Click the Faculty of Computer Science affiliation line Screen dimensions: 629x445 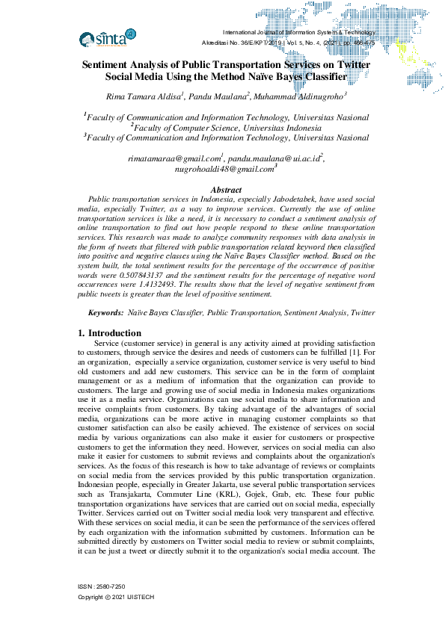pyautogui.click(x=225, y=128)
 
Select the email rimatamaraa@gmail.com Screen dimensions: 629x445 pyautogui.click(x=175, y=159)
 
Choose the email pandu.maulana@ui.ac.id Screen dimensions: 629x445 pyautogui.click(x=274, y=159)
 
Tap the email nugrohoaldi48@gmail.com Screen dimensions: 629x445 pyautogui.click(x=224, y=170)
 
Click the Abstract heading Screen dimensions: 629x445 pyautogui.click(x=225, y=190)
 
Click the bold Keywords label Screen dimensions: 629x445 pyautogui.click(x=105, y=313)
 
